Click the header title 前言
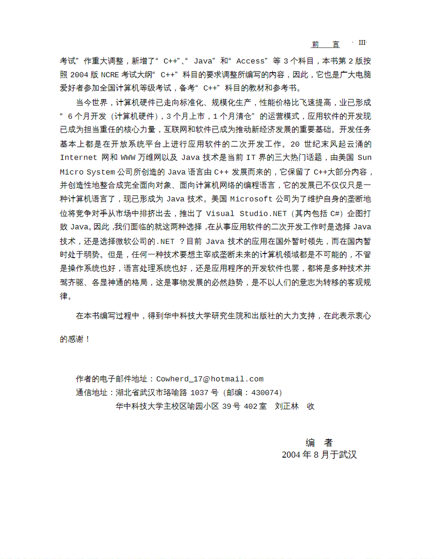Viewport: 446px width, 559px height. [325, 45]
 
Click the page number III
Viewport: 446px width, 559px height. [362, 43]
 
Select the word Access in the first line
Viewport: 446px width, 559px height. [250, 61]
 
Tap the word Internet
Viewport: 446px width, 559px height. [78, 157]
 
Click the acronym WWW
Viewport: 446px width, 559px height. [127, 157]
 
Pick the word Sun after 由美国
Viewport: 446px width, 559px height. [364, 157]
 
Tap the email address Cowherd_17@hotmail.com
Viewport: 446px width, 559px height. [210, 379]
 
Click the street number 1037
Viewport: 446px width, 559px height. [200, 392]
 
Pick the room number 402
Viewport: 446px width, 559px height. [250, 406]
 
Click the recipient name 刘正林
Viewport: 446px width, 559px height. [286, 406]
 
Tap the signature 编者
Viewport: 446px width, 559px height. [319, 443]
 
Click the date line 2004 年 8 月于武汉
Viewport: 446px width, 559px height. [319, 455]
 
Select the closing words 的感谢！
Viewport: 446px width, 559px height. [75, 339]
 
